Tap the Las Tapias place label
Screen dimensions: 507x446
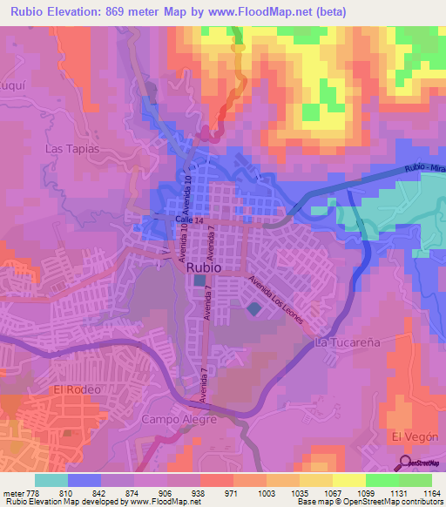(74, 148)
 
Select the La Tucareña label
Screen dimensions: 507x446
(348, 343)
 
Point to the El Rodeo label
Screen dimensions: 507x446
(78, 389)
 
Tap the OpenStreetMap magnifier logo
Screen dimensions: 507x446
(404, 463)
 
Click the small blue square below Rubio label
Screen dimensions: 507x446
(200, 281)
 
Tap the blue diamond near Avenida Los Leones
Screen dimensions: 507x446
(253, 308)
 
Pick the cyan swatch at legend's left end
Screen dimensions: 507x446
(51, 480)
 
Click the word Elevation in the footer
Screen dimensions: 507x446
(45, 503)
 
